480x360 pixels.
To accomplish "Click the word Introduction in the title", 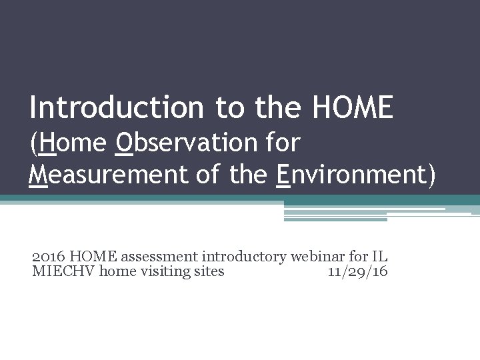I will click(117, 108).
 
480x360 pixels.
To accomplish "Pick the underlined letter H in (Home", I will click(47, 143).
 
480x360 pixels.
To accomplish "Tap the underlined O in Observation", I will click(125, 143).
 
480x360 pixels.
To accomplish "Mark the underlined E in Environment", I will click(283, 175).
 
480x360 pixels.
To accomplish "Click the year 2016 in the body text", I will click(49, 256).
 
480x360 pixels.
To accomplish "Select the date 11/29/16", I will click(358, 271).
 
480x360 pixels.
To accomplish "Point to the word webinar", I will click(315, 256).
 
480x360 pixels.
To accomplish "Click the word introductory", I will click(244, 256).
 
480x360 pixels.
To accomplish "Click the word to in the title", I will click(229, 108).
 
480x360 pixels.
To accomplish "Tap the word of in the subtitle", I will click(207, 175).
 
